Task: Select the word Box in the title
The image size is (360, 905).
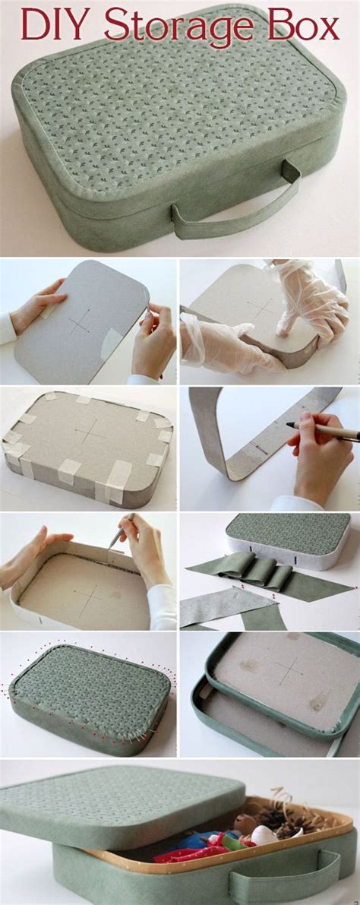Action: click(x=304, y=24)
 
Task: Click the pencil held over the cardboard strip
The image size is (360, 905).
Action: click(x=323, y=430)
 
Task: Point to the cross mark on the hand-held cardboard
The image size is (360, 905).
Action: click(x=80, y=321)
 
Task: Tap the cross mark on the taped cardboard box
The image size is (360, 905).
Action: click(x=90, y=430)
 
